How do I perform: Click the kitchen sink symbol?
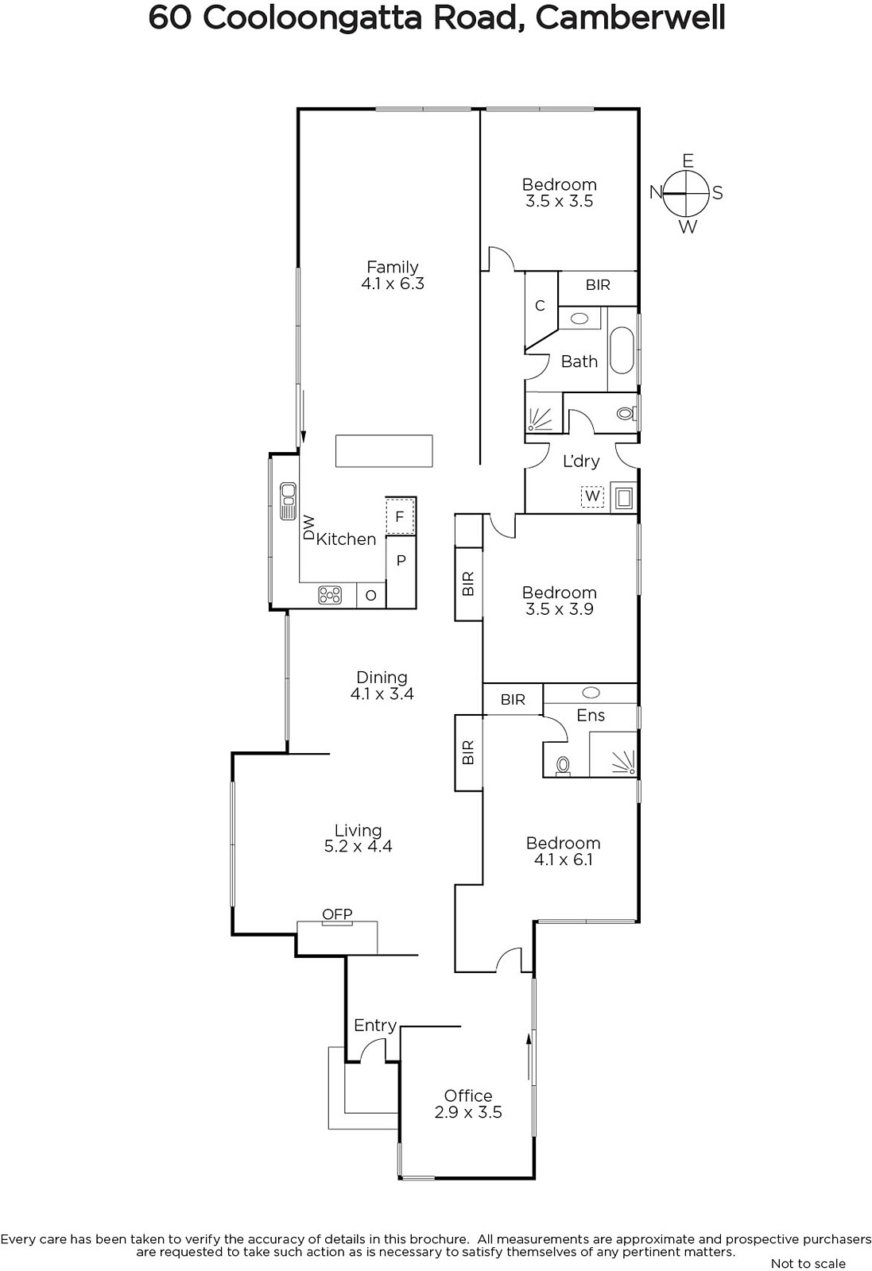[x=288, y=501]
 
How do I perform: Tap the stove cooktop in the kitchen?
[x=330, y=595]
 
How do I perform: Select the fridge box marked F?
[x=400, y=516]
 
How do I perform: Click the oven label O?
[x=370, y=595]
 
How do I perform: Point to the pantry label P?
[x=401, y=561]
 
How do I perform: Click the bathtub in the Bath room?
[x=622, y=350]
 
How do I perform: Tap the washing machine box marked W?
[x=592, y=496]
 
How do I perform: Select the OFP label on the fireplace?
[x=337, y=914]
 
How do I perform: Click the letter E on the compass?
[x=688, y=161]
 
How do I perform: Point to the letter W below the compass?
[x=688, y=227]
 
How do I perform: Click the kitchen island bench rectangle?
[x=384, y=451]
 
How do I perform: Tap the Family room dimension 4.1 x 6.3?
[x=393, y=283]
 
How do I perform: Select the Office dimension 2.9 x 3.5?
[x=468, y=1112]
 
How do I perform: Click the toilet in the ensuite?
[x=563, y=767]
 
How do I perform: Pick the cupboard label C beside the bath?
[x=540, y=306]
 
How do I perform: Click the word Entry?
[x=374, y=1026]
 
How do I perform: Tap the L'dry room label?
[x=581, y=461]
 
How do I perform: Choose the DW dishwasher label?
[x=308, y=527]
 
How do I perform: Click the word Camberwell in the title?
[x=630, y=18]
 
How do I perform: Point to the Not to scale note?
[x=808, y=1262]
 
